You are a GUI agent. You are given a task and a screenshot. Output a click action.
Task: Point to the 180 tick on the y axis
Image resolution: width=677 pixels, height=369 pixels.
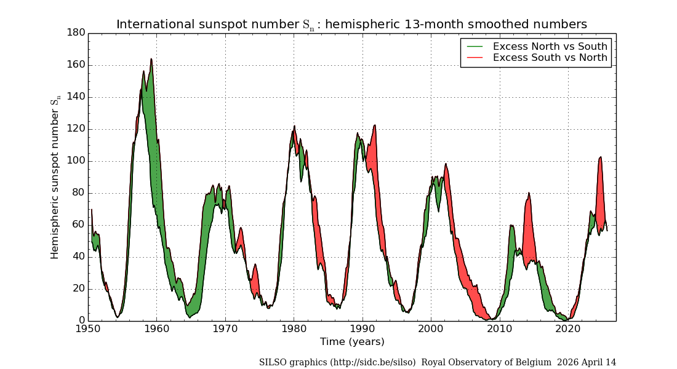tap(76, 33)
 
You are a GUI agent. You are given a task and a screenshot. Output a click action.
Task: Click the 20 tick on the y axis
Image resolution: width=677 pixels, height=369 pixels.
tap(79, 289)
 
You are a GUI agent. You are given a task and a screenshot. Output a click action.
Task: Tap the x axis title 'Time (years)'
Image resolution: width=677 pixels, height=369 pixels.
tap(352, 341)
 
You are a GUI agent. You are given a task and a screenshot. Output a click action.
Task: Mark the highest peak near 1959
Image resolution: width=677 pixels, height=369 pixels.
tap(151, 59)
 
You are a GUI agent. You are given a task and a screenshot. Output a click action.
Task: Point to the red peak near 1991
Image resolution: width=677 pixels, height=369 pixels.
tap(374, 125)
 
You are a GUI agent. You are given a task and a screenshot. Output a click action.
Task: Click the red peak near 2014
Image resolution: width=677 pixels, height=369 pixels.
tap(529, 193)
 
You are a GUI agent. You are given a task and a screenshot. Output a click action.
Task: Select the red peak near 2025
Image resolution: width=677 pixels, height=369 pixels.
tap(600, 157)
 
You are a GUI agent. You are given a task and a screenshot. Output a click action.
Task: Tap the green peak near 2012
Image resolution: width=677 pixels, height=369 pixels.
tap(511, 226)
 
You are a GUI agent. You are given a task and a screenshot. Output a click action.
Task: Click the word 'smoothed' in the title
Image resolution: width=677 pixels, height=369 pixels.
tap(497, 25)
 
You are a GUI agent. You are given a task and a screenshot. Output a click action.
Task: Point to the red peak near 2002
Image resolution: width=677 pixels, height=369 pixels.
tap(446, 164)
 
